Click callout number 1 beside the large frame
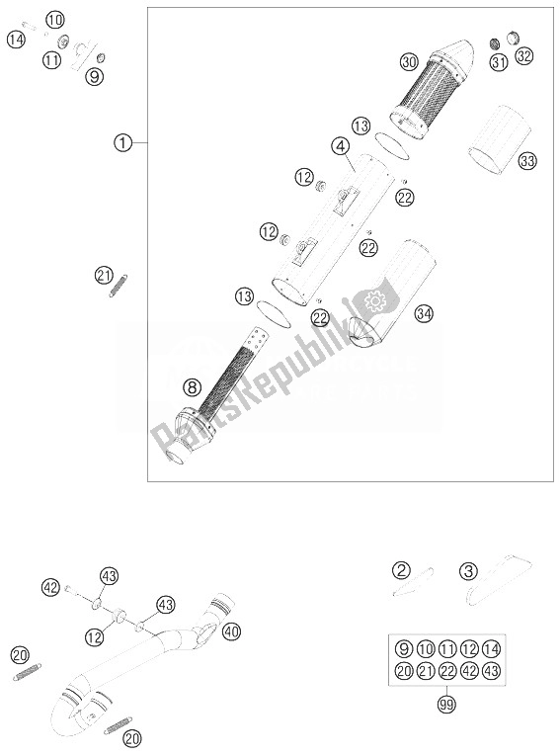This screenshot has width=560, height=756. [x=122, y=142]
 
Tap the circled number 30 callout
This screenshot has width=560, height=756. [x=409, y=61]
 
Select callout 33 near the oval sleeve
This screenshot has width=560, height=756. [x=527, y=160]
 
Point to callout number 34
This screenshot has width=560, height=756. [x=424, y=314]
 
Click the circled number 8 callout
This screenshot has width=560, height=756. [x=192, y=386]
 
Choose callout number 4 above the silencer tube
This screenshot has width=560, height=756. [x=340, y=145]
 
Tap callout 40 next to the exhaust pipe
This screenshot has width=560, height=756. [x=231, y=631]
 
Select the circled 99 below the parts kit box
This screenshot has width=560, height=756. [x=446, y=705]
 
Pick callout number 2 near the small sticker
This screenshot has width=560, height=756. [x=401, y=571]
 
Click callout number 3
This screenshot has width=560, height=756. [x=468, y=572]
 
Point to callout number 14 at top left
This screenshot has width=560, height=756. [x=16, y=40]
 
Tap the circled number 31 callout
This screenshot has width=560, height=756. [x=499, y=62]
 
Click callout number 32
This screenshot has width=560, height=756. [x=523, y=56]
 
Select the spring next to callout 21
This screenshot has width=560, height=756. [x=119, y=286]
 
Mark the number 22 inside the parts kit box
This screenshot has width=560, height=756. [x=447, y=671]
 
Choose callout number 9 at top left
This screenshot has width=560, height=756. [x=95, y=76]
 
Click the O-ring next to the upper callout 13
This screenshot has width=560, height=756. [x=392, y=146]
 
